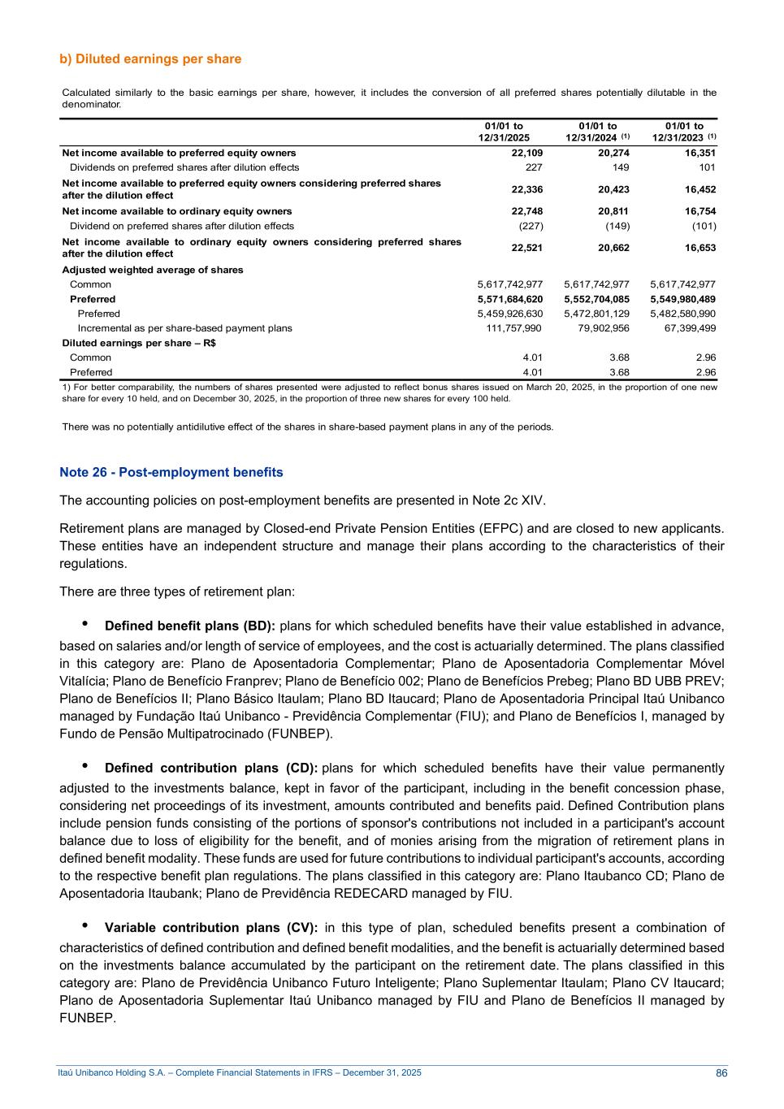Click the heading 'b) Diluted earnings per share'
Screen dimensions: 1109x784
click(150, 59)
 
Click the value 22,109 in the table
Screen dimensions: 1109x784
click(527, 153)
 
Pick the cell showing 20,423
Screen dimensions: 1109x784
click(613, 189)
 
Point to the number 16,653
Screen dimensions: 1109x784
click(700, 248)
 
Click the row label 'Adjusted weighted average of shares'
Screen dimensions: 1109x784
click(153, 270)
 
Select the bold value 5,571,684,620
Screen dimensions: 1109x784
click(510, 299)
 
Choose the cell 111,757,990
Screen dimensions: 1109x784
click(510, 328)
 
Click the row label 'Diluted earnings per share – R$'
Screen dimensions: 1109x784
click(139, 343)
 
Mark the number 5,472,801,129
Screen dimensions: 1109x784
click(596, 314)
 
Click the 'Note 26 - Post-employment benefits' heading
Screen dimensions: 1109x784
click(171, 472)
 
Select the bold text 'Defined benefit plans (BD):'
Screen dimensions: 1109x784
click(190, 626)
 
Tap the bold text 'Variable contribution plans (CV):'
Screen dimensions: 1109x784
click(214, 928)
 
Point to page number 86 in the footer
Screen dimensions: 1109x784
click(721, 1073)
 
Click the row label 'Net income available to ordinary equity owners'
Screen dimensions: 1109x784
click(177, 211)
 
